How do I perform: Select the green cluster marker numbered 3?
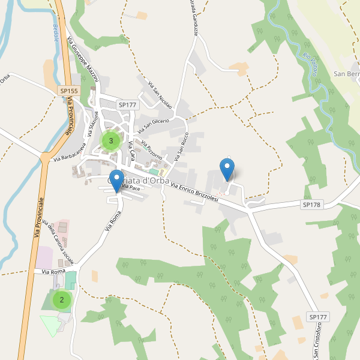[110, 141]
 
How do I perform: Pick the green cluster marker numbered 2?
[61, 299]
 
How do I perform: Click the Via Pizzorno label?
[152, 150]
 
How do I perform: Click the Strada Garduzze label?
[193, 18]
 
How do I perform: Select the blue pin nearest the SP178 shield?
[227, 170]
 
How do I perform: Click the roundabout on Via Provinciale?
[46, 158]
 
